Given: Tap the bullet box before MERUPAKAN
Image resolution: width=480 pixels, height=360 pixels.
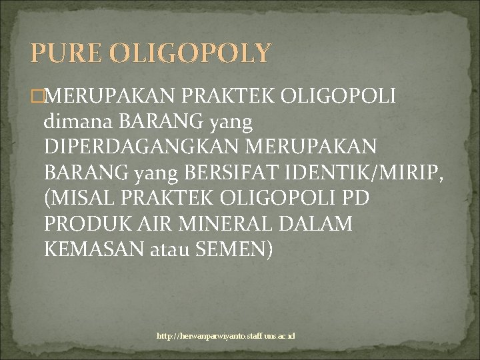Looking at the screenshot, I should [x=37, y=97].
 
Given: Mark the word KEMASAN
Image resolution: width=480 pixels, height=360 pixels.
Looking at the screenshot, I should [x=91, y=251].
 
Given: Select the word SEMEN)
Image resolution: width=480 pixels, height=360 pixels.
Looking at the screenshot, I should [x=233, y=251].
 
